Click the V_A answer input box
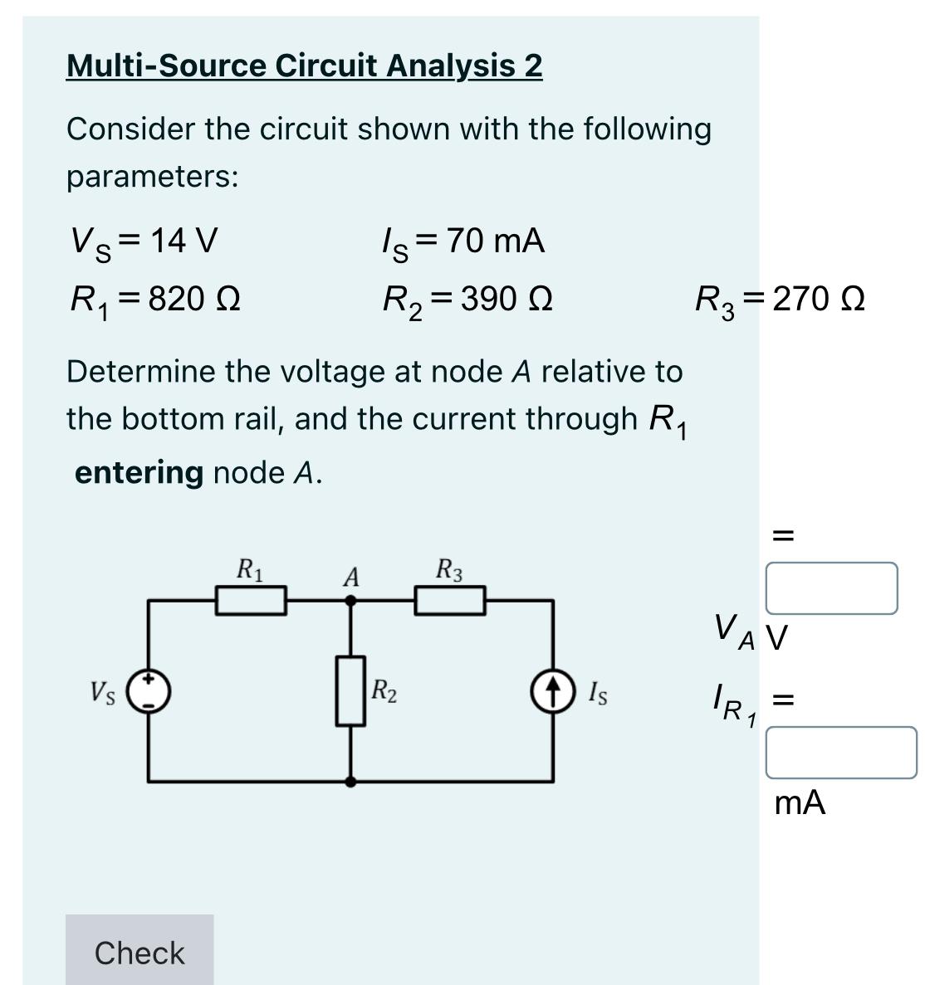(830, 588)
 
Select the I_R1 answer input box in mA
(840, 753)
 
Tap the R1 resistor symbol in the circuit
(251, 600)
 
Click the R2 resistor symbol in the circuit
(351, 690)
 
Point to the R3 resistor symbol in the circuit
(450, 600)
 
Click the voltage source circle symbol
(149, 690)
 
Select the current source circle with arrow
(554, 690)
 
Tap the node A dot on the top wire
(351, 600)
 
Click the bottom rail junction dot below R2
(351, 782)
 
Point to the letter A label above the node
(351, 577)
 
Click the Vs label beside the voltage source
(103, 690)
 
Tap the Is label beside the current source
(597, 691)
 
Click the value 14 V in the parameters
(184, 241)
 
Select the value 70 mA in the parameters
(495, 241)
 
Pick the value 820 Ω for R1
(194, 298)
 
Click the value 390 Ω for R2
(507, 298)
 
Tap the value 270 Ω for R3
(819, 298)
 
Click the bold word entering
(139, 472)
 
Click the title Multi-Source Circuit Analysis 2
(304, 65)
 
